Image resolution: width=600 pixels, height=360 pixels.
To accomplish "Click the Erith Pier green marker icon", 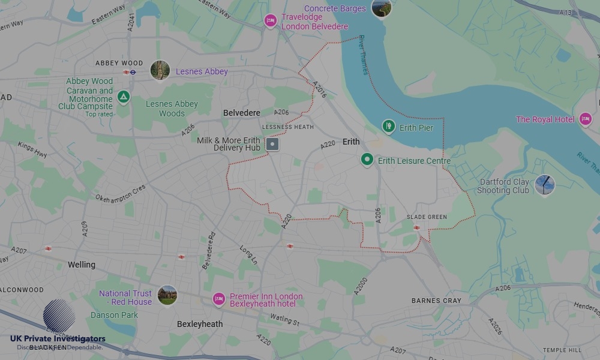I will click(x=389, y=127).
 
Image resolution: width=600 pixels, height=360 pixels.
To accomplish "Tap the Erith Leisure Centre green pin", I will click(x=367, y=160).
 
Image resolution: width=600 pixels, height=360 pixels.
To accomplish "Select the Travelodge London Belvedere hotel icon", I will click(x=271, y=22).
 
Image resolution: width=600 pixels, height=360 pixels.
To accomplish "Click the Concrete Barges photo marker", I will click(x=381, y=8).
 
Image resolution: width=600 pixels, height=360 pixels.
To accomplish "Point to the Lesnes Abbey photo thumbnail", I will click(x=160, y=70).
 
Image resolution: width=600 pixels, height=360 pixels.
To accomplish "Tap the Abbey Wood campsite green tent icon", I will click(x=124, y=96).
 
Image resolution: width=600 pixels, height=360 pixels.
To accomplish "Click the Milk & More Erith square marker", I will click(x=272, y=144).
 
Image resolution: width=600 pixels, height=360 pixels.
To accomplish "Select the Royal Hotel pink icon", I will click(x=586, y=119).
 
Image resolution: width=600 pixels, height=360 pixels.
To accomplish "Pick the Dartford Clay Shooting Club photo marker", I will click(x=544, y=185).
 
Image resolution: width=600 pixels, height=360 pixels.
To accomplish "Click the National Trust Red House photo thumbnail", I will click(x=167, y=295).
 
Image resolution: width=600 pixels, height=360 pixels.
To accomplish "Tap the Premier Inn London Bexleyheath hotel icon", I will click(x=219, y=299).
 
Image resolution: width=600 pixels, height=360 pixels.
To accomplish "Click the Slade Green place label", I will click(x=427, y=217).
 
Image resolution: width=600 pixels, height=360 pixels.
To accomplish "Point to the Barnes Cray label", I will click(x=436, y=301).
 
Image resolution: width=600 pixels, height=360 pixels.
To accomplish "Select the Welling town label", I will click(x=82, y=265).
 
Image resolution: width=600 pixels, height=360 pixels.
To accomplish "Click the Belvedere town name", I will click(x=242, y=113).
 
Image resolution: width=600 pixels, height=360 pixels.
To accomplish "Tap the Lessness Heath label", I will click(x=288, y=127).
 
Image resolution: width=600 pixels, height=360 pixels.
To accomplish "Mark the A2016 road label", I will click(x=319, y=90).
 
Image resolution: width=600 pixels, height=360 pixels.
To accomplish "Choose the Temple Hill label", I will click(x=562, y=350).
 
